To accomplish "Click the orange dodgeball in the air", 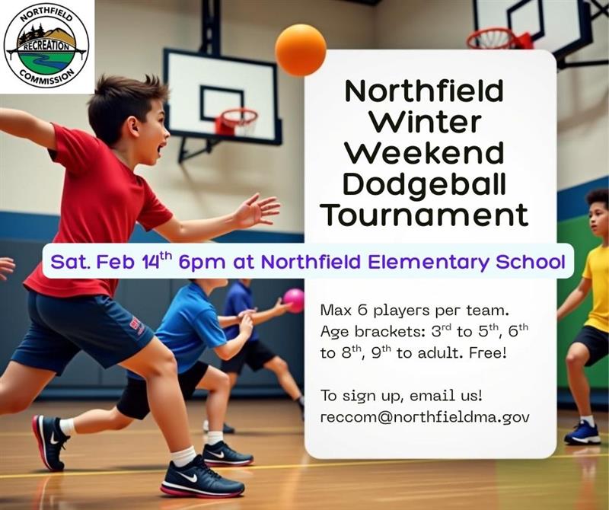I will tap(300, 49).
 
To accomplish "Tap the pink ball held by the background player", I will tap(294, 300).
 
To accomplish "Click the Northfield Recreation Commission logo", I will tap(46, 46).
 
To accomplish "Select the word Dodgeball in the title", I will tap(424, 183).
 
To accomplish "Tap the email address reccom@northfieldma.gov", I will tap(425, 416).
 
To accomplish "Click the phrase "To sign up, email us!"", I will tap(402, 396).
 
